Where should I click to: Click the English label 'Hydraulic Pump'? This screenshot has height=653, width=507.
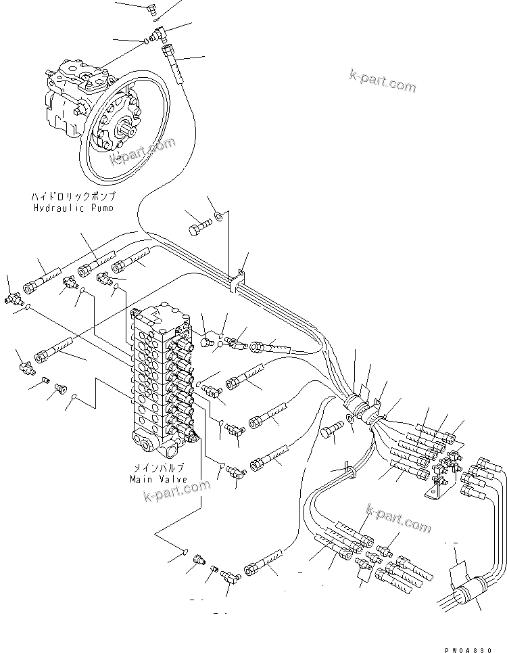(74, 208)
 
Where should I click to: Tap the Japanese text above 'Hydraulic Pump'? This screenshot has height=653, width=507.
(74, 196)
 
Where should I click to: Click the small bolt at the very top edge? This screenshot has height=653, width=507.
(153, 7)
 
